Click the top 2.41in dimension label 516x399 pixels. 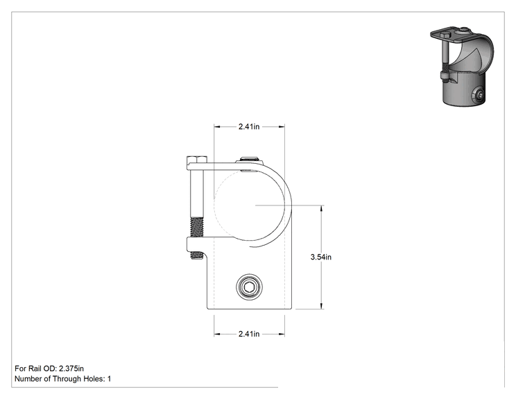(249, 127)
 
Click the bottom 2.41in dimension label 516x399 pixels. (249, 334)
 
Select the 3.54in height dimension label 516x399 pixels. (321, 257)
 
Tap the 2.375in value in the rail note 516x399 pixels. (71, 368)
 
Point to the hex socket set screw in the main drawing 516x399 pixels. (249, 288)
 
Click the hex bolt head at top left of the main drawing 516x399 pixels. (197, 160)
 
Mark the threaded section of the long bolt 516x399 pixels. (197, 227)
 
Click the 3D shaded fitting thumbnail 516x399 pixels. (462, 66)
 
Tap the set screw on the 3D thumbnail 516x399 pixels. (479, 96)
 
